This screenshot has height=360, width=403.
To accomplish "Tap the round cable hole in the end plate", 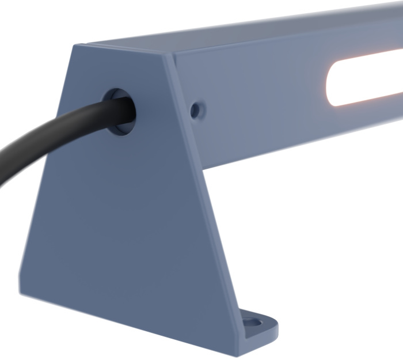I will [x=119, y=111].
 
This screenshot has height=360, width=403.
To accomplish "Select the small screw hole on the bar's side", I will [x=196, y=109].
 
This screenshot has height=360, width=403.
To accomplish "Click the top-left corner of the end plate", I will [x=74, y=46].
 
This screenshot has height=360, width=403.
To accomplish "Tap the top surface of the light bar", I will [x=259, y=29].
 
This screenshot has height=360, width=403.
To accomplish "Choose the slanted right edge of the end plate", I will [x=204, y=202].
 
